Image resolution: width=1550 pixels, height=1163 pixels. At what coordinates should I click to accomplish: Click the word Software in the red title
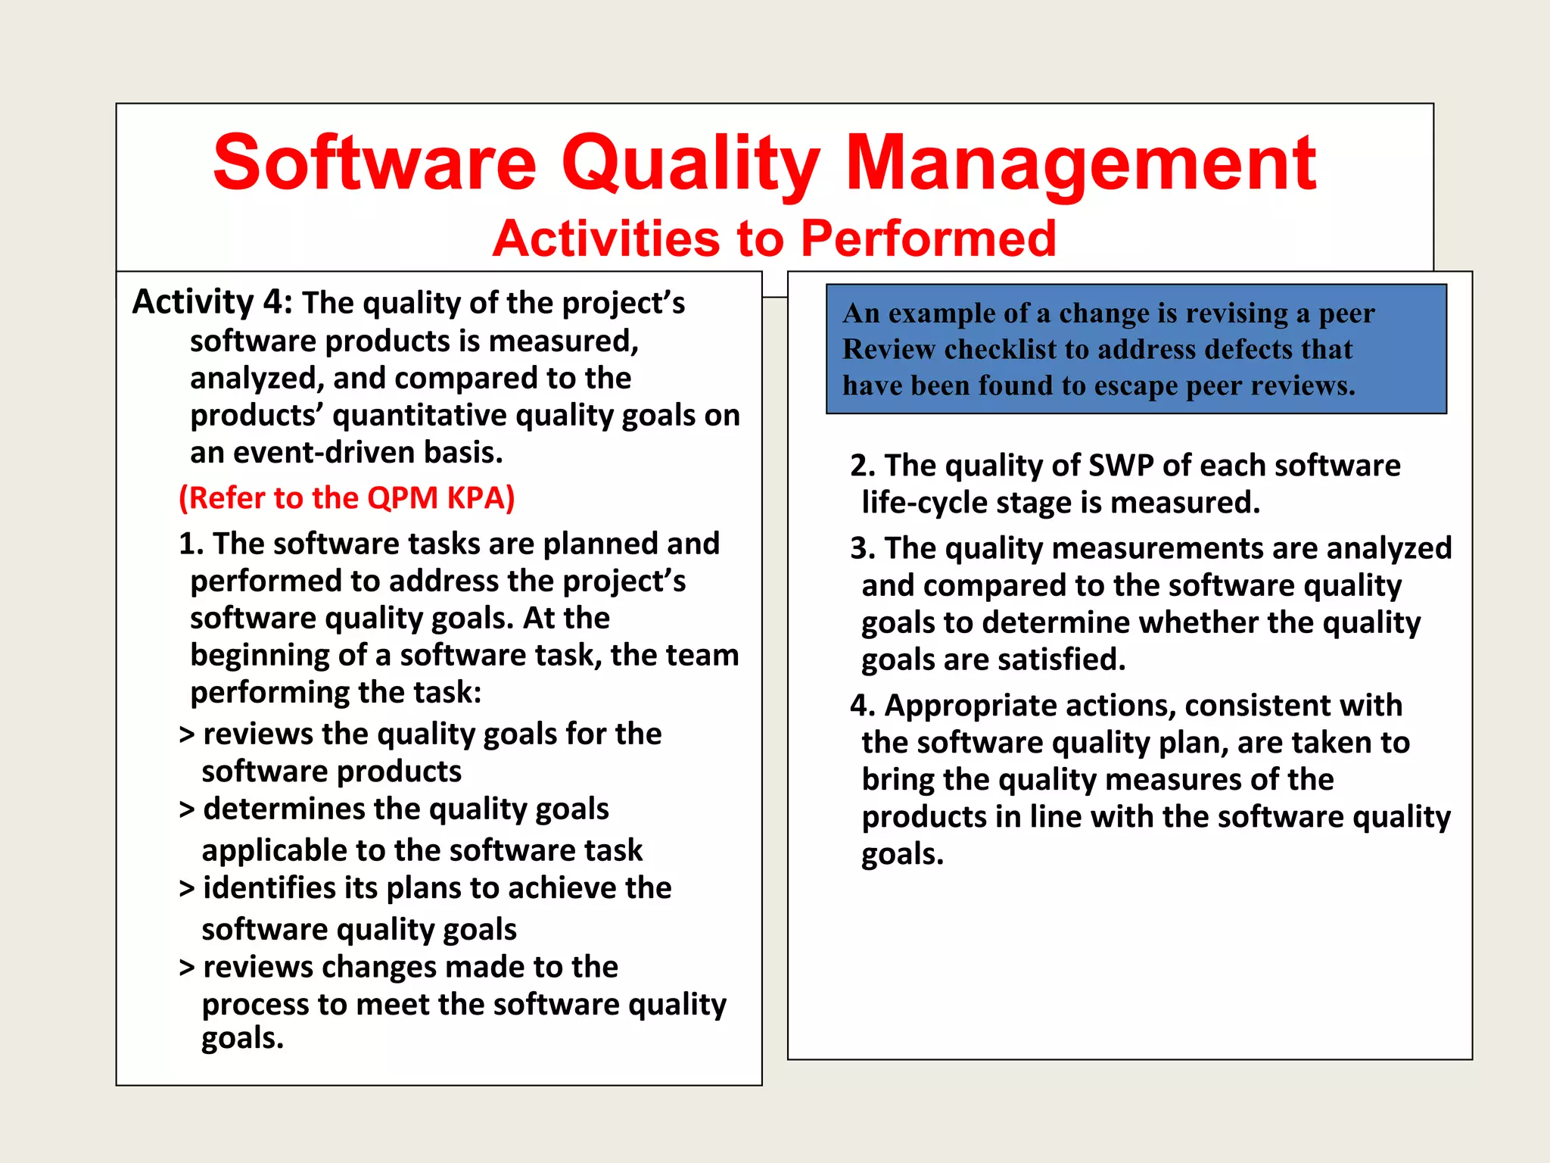375,163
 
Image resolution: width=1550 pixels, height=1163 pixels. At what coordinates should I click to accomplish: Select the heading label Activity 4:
212,302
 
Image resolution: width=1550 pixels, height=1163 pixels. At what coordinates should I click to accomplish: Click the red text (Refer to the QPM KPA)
347,498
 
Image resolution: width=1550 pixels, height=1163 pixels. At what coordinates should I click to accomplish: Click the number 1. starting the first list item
191,544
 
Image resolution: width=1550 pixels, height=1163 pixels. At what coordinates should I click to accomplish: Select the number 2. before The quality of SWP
863,466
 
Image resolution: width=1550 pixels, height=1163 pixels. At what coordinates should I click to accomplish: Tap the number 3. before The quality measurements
863,548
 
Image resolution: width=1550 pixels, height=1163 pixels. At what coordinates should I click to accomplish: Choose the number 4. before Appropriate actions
863,706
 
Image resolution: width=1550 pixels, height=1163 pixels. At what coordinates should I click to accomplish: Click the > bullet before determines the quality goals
187,810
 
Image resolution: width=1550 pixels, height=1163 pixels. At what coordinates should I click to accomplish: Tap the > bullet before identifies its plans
187,889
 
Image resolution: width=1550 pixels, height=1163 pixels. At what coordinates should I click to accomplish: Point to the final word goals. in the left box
242,1038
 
